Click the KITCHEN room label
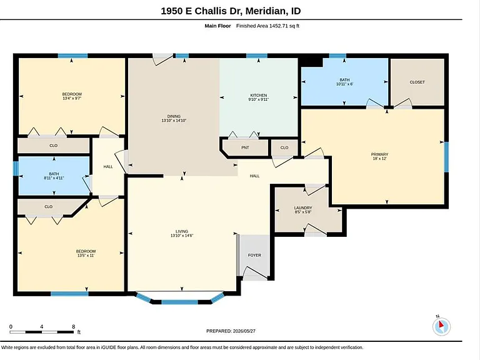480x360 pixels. pos(259,95)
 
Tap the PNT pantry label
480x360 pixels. pos(245,147)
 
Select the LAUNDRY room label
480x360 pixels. pos(303,208)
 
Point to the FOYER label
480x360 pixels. pos(254,255)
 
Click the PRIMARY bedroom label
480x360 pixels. pos(379,154)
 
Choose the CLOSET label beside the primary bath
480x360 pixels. pos(417,82)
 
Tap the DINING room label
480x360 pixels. pos(174,116)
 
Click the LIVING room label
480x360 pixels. pos(182,231)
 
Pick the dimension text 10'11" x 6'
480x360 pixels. pos(345,84)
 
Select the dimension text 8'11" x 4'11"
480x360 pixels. pos(54,178)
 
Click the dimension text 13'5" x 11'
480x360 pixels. pos(86,255)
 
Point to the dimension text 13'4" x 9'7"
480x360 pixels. pos(72,98)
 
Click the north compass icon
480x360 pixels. pos(441,326)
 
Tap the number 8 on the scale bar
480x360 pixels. pos(74,327)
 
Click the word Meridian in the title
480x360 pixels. pos(266,11)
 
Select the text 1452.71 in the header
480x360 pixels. pos(278,26)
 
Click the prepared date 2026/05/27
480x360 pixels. pos(244,331)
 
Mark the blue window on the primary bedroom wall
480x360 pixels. pos(446,157)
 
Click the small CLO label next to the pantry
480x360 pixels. pos(284,147)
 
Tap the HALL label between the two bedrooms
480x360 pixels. pos(108,167)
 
